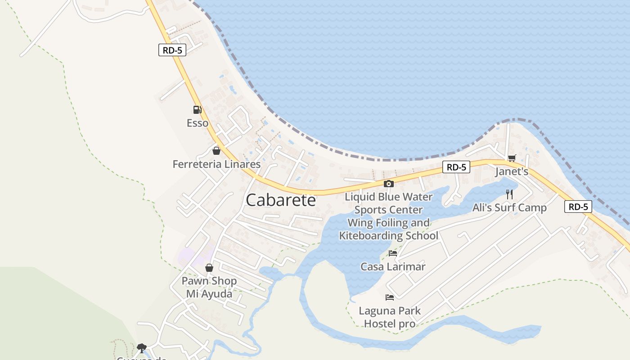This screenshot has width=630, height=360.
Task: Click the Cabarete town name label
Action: [281, 200]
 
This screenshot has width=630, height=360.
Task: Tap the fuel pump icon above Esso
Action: [197, 109]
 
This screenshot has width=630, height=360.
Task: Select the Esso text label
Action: [198, 123]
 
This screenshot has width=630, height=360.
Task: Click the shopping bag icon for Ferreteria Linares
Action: [216, 151]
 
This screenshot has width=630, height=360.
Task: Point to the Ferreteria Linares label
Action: [216, 164]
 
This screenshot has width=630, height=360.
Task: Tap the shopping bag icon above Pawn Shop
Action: [209, 268]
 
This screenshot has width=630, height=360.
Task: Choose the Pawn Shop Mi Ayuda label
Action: [209, 288]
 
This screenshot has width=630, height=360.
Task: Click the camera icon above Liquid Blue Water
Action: [389, 184]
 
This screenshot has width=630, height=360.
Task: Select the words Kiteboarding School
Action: [388, 235]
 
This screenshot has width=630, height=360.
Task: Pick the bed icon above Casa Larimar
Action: [393, 253]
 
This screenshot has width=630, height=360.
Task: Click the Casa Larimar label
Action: [393, 266]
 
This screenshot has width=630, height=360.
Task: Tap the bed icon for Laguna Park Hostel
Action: [390, 297]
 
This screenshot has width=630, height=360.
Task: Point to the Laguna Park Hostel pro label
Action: [390, 317]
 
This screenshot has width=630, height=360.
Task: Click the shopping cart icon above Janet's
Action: [512, 158]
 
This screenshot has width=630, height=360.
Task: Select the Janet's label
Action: [512, 171]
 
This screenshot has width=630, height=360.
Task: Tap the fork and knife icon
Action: [509, 194]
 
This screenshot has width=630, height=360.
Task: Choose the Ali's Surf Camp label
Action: [509, 207]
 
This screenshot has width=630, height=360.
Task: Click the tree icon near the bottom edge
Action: [142, 347]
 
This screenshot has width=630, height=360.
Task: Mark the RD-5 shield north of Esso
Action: [172, 50]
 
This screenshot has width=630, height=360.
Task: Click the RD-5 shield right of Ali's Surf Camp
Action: [578, 207]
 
